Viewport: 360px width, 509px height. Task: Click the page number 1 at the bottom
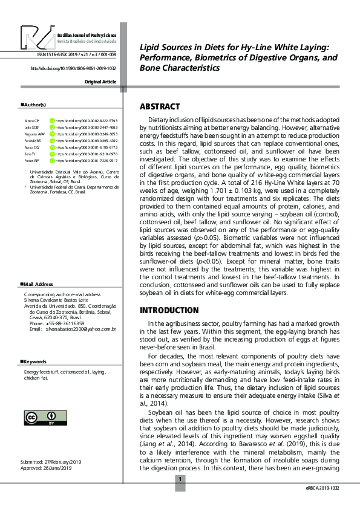click(x=180, y=479)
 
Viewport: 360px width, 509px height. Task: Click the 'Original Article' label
click(x=100, y=81)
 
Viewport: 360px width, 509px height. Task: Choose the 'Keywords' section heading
click(x=35, y=361)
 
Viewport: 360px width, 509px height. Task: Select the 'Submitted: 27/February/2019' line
click(x=50, y=461)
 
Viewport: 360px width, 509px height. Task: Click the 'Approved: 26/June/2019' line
click(x=45, y=467)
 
